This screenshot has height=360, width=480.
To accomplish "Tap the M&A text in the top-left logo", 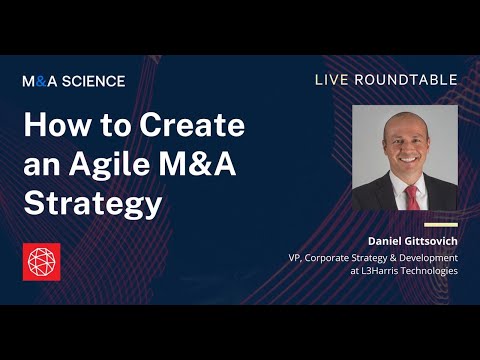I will pyautogui.click(x=39, y=81).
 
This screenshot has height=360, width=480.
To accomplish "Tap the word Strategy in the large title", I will pyautogui.click(x=92, y=203).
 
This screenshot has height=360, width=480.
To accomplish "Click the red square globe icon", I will pyautogui.click(x=41, y=261).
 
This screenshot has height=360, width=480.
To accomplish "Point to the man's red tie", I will pyautogui.click(x=411, y=195).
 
